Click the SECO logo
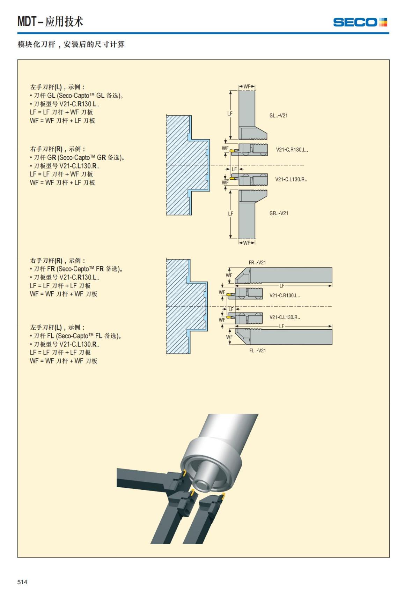(x=360, y=22)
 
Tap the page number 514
(x=22, y=582)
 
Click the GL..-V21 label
(x=278, y=115)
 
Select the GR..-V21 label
(x=279, y=213)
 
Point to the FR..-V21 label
(x=257, y=262)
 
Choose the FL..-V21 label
(x=257, y=351)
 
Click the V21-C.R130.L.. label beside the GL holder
(x=292, y=150)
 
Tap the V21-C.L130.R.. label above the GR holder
(x=291, y=179)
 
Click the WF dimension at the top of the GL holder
(x=247, y=87)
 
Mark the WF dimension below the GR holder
(x=247, y=243)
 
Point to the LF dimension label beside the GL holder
(x=230, y=113)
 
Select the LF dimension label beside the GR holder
(x=230, y=213)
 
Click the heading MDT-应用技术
(x=50, y=22)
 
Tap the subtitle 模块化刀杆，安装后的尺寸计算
(x=71, y=44)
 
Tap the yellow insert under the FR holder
(x=230, y=295)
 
